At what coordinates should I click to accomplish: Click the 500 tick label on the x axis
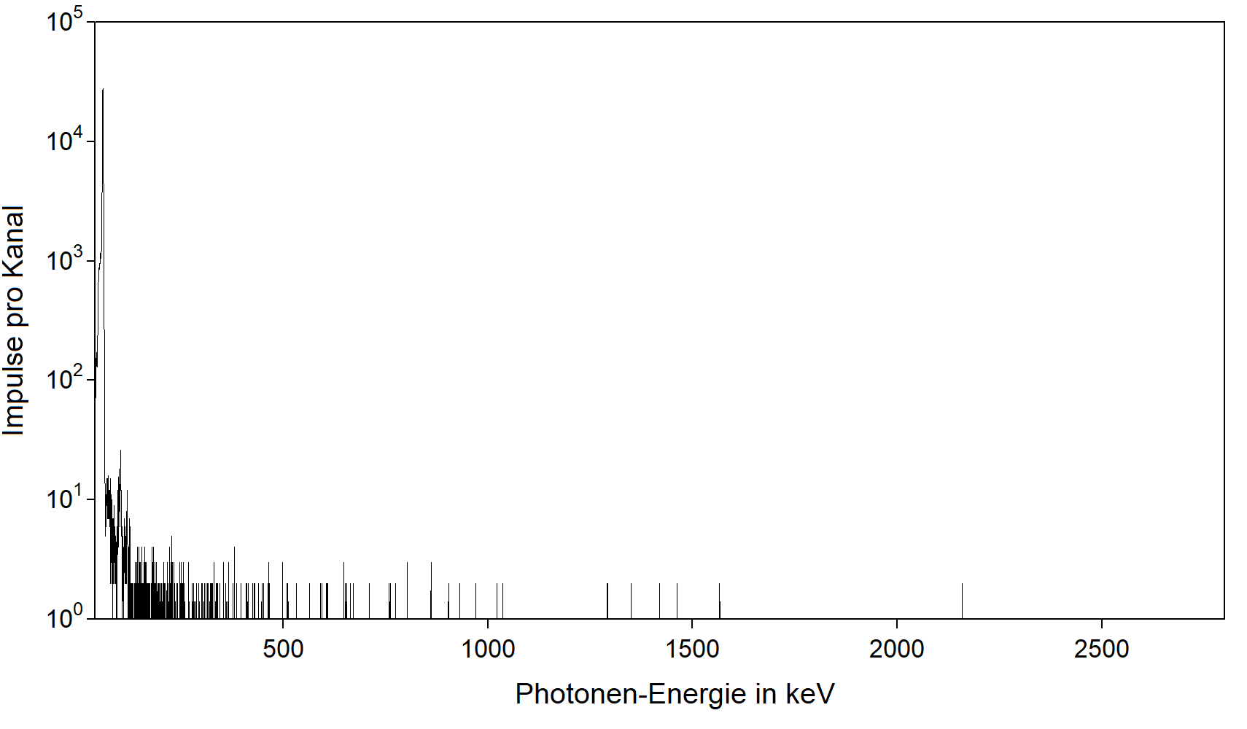tap(283, 649)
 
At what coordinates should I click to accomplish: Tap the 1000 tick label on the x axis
tap(488, 649)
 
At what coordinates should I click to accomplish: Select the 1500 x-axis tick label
tap(692, 649)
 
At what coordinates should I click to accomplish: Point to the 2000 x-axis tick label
tap(896, 649)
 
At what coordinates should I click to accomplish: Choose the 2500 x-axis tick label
tap(1101, 649)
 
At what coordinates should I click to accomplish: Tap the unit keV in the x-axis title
tap(809, 694)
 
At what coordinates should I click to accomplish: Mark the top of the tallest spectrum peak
tap(103, 90)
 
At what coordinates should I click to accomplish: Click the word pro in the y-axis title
tap(14, 307)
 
